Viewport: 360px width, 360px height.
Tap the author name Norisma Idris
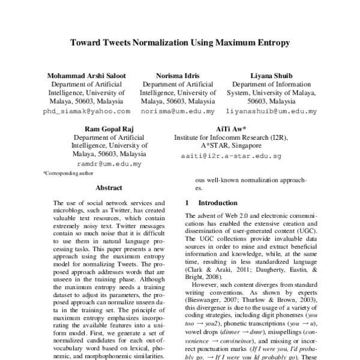[x=178, y=76]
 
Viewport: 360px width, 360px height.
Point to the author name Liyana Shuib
[x=271, y=76]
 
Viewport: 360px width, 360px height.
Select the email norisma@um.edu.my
[x=178, y=112]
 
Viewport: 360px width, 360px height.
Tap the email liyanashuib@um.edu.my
[x=271, y=112]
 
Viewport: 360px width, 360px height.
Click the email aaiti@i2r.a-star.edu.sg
[x=230, y=155]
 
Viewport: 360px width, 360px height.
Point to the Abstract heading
[x=109, y=188]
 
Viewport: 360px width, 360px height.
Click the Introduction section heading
[x=218, y=203]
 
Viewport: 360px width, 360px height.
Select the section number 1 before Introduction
[x=188, y=203]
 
